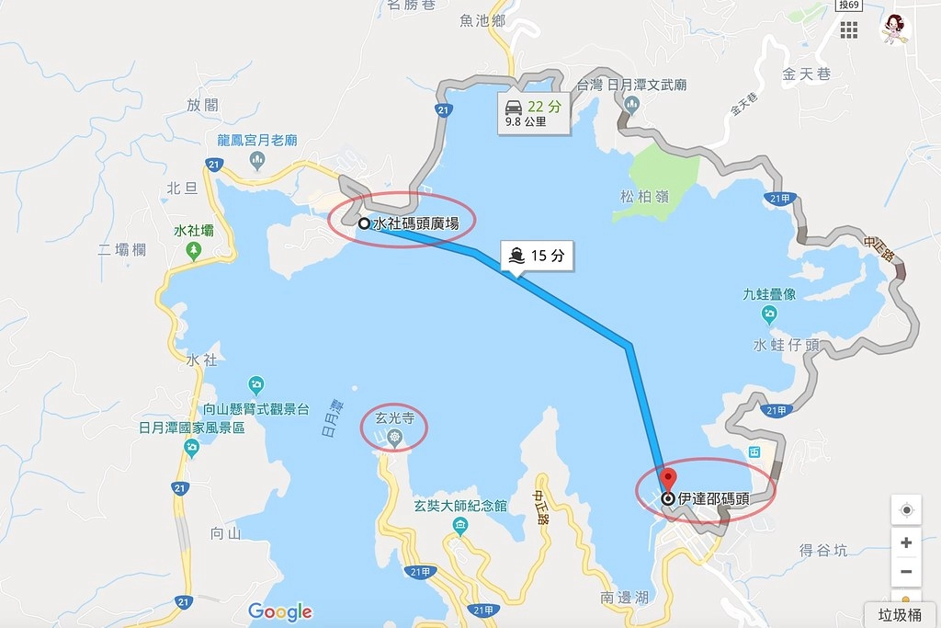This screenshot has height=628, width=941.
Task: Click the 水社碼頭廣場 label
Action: pos(415,223)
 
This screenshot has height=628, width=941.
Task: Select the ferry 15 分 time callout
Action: pos(538,257)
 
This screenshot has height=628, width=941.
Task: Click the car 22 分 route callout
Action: pos(533,112)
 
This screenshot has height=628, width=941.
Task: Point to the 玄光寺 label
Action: pos(390,418)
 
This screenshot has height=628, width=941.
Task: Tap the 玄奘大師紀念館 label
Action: pos(460,506)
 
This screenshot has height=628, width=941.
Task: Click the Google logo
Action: pos(280,611)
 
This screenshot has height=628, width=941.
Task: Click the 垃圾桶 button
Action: pos(900,614)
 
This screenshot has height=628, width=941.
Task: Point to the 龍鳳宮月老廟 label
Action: pos(257,140)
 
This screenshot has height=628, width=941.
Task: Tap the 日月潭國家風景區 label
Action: pos(191,428)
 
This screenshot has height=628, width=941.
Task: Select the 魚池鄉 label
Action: pos(483,18)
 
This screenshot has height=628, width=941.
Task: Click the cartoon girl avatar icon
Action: pos(893,28)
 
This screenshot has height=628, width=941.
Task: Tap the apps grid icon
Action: pos(848,29)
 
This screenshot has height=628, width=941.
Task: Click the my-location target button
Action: pos(906,510)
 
